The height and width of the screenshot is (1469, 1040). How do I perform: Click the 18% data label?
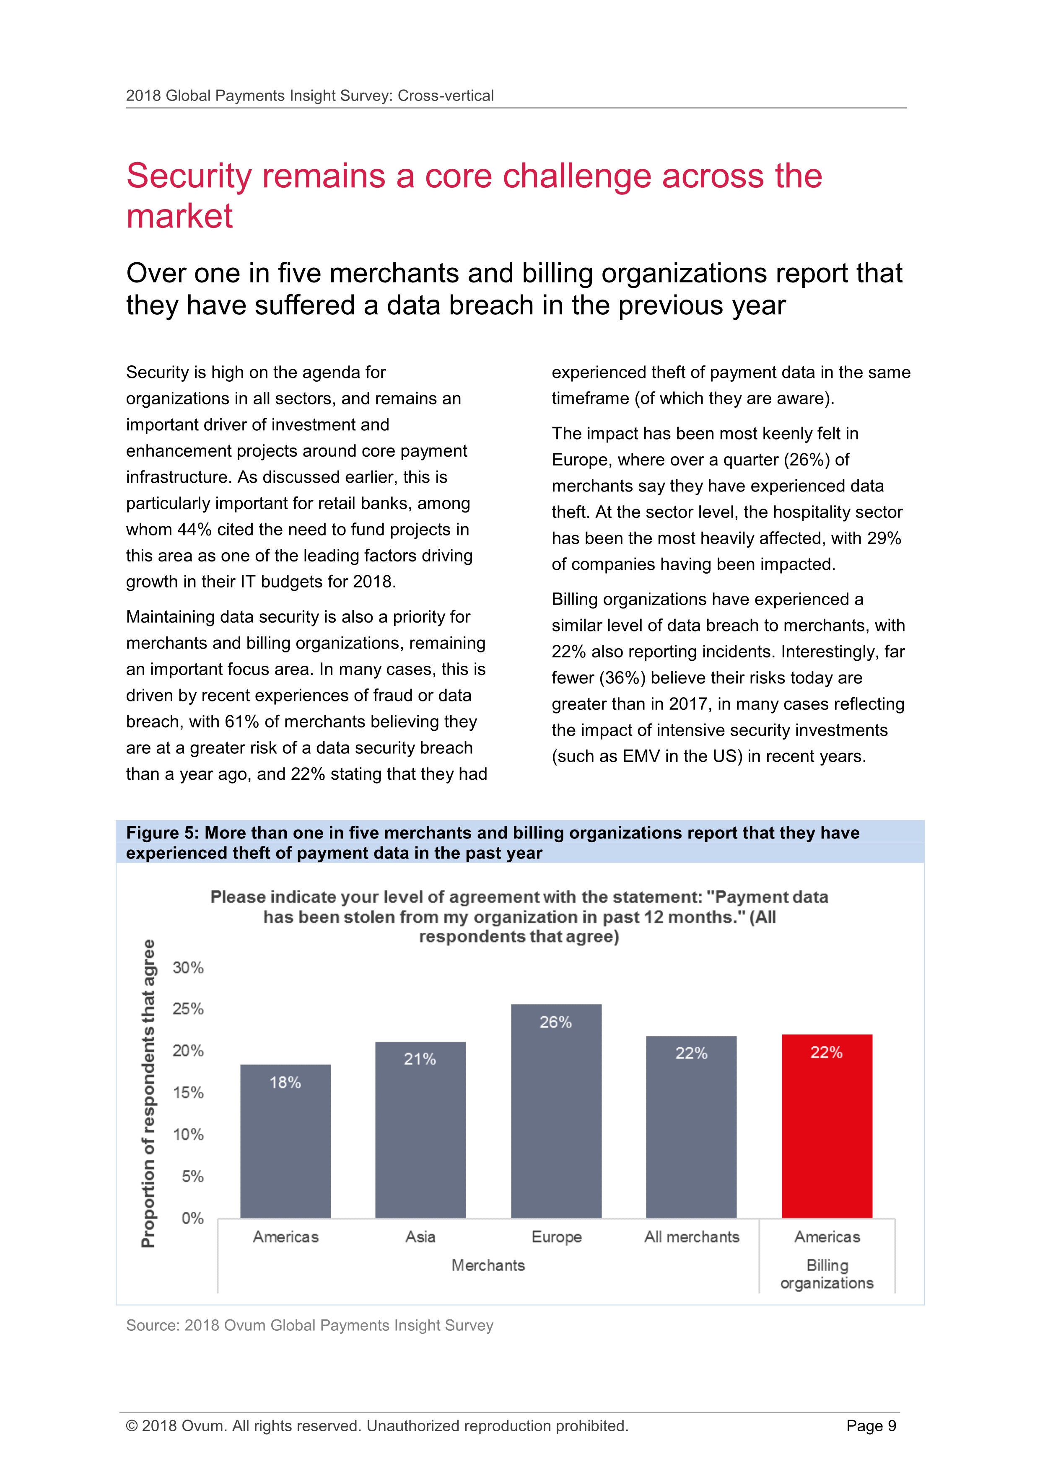pyautogui.click(x=285, y=1082)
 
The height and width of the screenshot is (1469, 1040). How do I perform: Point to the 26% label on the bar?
pyautogui.click(x=555, y=1022)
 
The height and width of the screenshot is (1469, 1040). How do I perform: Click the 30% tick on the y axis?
pyautogui.click(x=188, y=968)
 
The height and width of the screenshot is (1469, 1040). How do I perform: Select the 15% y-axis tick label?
pyautogui.click(x=188, y=1093)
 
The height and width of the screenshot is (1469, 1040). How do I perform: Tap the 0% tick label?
pyautogui.click(x=192, y=1218)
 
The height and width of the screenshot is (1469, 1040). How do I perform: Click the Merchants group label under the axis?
pyautogui.click(x=488, y=1265)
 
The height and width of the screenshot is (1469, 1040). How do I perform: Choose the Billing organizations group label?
pyautogui.click(x=827, y=1275)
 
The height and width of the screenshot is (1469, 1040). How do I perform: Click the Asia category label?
pyautogui.click(x=420, y=1236)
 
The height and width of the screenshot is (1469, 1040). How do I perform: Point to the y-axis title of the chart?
pyautogui.click(x=148, y=1093)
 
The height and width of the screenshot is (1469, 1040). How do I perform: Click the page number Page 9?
pyautogui.click(x=871, y=1426)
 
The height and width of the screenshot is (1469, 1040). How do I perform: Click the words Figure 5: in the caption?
pyautogui.click(x=162, y=833)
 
